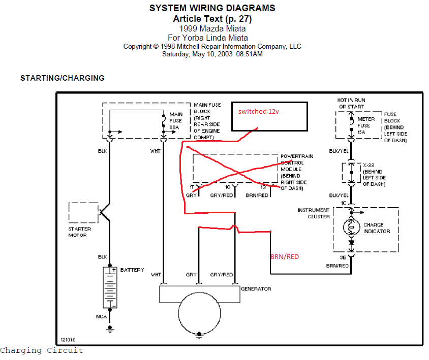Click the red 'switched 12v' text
click(x=259, y=112)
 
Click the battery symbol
click(x=109, y=287)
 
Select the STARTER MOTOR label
click(x=80, y=232)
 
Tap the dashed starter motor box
click(x=83, y=212)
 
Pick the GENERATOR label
click(x=256, y=289)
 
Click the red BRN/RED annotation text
click(x=284, y=257)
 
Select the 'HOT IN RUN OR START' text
click(x=351, y=104)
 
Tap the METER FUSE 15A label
click(x=366, y=125)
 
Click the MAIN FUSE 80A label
click(x=176, y=121)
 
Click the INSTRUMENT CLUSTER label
click(x=314, y=213)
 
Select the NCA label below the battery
click(x=102, y=317)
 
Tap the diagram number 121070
click(x=68, y=340)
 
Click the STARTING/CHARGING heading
click(x=62, y=78)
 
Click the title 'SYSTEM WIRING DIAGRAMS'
click(x=212, y=8)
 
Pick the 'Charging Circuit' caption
click(x=41, y=350)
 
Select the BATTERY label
click(x=132, y=270)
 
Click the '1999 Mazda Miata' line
click(x=212, y=28)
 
